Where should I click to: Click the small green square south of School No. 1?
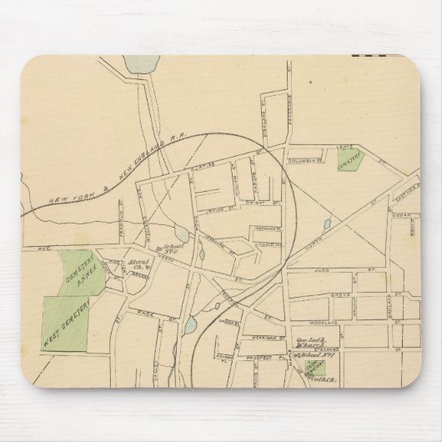tap(314, 368)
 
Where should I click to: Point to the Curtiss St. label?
tap(211, 167)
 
